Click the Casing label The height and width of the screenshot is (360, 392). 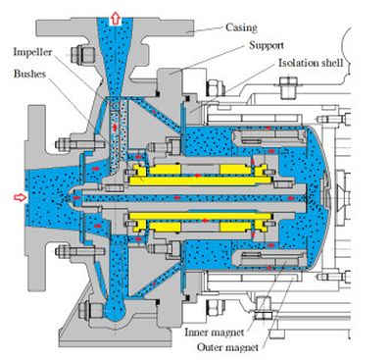click(241, 27)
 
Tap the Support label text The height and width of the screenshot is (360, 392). click(267, 45)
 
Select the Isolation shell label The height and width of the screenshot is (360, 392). click(311, 63)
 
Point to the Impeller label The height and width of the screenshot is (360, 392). click(32, 52)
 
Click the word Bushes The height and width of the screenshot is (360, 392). click(29, 74)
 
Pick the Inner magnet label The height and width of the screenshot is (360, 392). click(215, 333)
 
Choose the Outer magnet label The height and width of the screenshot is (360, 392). click(227, 347)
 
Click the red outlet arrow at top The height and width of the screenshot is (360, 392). click(115, 19)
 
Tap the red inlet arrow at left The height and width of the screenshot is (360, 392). click(21, 197)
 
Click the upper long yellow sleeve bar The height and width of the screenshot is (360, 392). click(200, 180)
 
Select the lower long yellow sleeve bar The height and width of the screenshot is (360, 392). click(200, 216)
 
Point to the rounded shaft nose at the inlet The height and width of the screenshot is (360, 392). click(75, 198)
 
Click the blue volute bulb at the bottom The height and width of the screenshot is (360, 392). click(115, 310)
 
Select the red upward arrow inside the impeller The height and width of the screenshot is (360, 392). click(115, 128)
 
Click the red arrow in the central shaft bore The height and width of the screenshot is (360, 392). click(177, 198)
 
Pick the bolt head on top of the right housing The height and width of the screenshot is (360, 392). click(289, 86)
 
